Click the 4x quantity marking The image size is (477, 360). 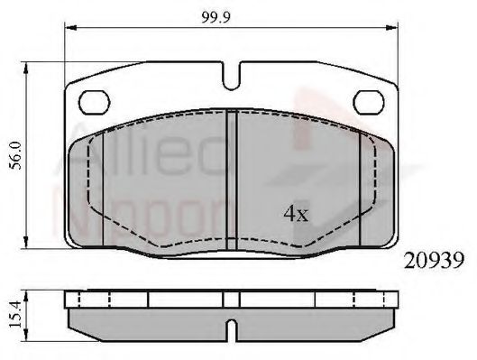coord(295,216)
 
